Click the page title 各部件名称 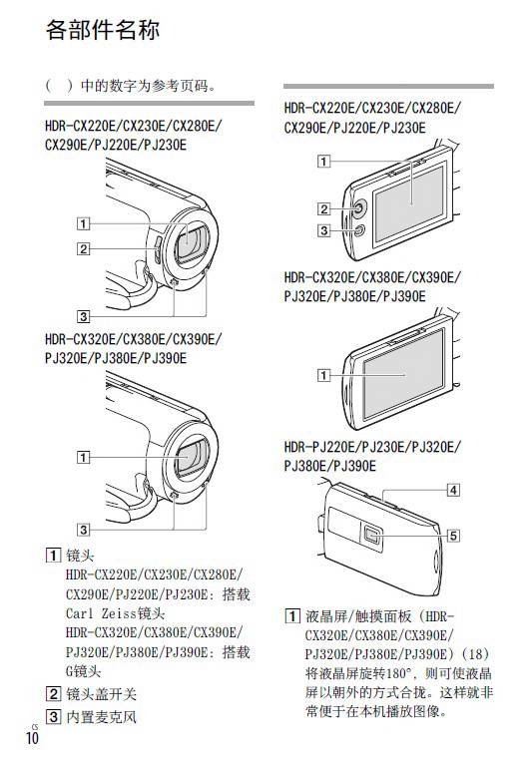(103, 30)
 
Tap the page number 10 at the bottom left (32, 738)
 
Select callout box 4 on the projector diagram (453, 490)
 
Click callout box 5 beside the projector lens (453, 536)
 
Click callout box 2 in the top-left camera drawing (83, 248)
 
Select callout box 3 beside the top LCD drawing (323, 229)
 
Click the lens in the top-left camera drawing (190, 240)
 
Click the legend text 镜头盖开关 (101, 693)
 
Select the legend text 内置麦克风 (101, 716)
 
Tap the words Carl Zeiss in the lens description (101, 613)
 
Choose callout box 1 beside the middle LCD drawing (323, 375)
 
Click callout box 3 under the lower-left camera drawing (83, 530)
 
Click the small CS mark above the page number (35, 726)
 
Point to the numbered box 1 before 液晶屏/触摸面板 (291, 616)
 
